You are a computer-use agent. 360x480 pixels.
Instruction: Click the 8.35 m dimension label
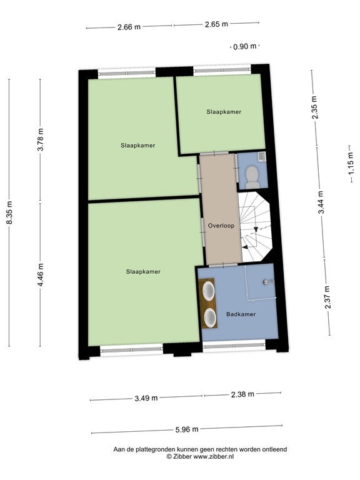pos(9,213)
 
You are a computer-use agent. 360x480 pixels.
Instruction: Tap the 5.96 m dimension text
pos(187,429)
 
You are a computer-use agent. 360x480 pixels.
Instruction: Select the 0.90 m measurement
pos(244,46)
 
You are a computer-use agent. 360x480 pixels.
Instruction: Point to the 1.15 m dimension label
pos(351,164)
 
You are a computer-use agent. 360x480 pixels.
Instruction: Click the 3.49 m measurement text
pos(146,398)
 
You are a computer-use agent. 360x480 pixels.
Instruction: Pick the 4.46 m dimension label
pos(41,274)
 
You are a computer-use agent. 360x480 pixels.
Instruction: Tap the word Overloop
pos(221,226)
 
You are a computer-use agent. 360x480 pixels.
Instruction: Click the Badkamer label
pos(241,314)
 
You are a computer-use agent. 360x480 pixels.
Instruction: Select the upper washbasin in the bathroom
pos(209,291)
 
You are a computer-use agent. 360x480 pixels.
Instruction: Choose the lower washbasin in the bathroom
pos(210,317)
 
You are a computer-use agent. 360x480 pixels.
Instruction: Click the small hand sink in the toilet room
pos(262,157)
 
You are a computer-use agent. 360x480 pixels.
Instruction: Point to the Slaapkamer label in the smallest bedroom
pos(224,112)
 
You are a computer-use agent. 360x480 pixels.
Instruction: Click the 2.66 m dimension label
pos(129,27)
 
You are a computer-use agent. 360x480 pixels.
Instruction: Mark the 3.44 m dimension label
pos(321,202)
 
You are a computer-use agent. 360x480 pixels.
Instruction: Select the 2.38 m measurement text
pos(242,394)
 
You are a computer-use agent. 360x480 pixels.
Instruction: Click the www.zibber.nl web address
pos(214,456)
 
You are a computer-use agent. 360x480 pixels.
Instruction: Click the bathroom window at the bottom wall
pos(234,346)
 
